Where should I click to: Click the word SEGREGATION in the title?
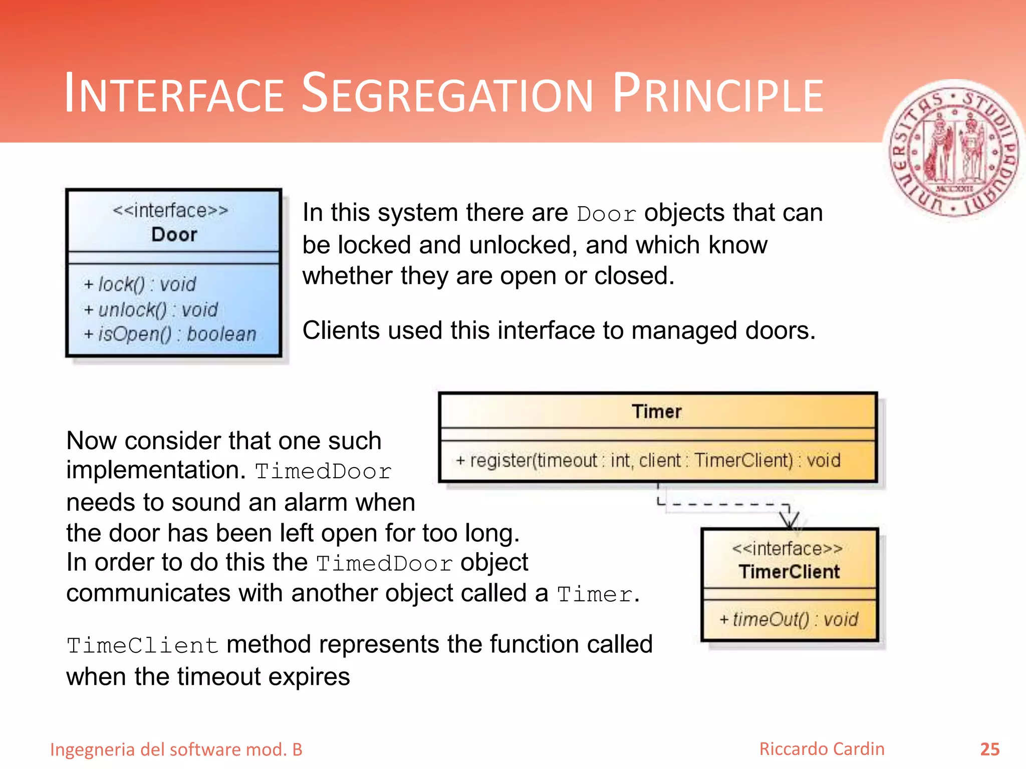[447, 94]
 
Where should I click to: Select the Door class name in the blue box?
[174, 234]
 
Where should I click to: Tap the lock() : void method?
[140, 284]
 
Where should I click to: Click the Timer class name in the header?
[656, 412]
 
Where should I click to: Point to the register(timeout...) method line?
[648, 460]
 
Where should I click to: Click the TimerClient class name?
[789, 572]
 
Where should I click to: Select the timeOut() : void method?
[789, 619]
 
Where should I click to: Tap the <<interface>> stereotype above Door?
[170, 210]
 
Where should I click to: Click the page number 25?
[989, 749]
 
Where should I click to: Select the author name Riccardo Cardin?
[822, 749]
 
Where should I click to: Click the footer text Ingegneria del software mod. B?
[176, 749]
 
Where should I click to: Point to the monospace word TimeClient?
[143, 645]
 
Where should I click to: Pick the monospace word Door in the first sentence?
[606, 214]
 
